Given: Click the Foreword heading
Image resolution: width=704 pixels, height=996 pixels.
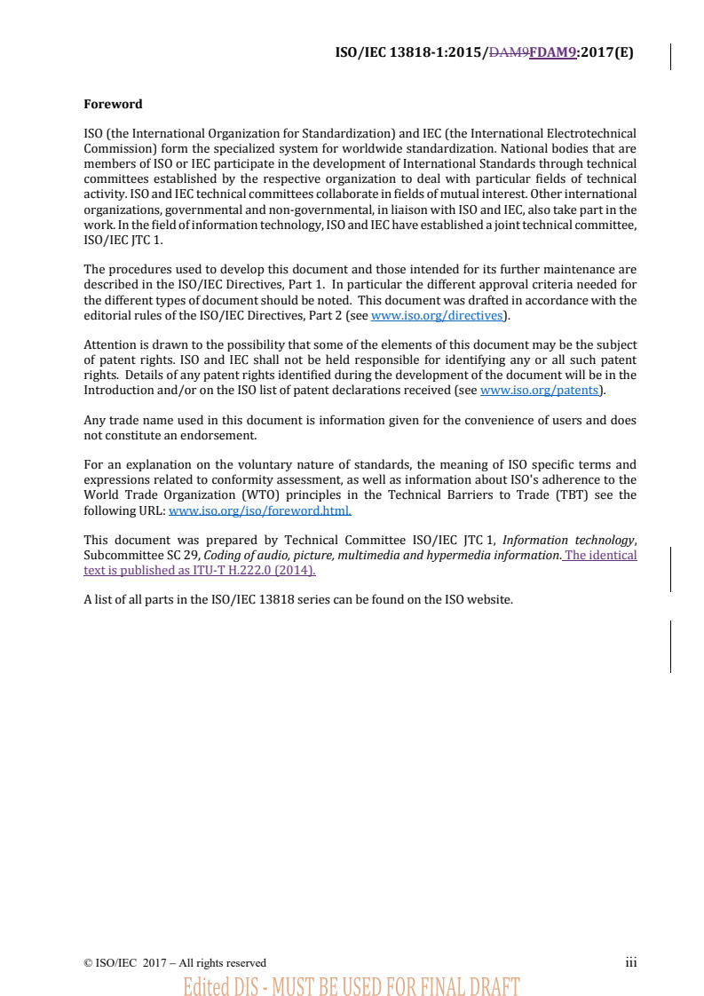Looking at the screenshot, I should (113, 104).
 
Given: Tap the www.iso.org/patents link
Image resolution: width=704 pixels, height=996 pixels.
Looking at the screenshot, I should (540, 390).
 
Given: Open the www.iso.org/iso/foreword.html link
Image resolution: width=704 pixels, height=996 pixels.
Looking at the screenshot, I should (259, 510).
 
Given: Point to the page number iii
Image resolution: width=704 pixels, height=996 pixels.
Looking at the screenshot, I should (630, 962).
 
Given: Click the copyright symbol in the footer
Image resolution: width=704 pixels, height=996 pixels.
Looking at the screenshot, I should (88, 963).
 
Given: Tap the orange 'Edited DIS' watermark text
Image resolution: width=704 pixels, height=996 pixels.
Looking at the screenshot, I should (351, 985).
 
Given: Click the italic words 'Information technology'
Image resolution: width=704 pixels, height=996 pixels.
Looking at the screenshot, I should (568, 541).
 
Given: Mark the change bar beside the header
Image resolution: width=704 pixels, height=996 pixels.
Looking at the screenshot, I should (670, 56).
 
